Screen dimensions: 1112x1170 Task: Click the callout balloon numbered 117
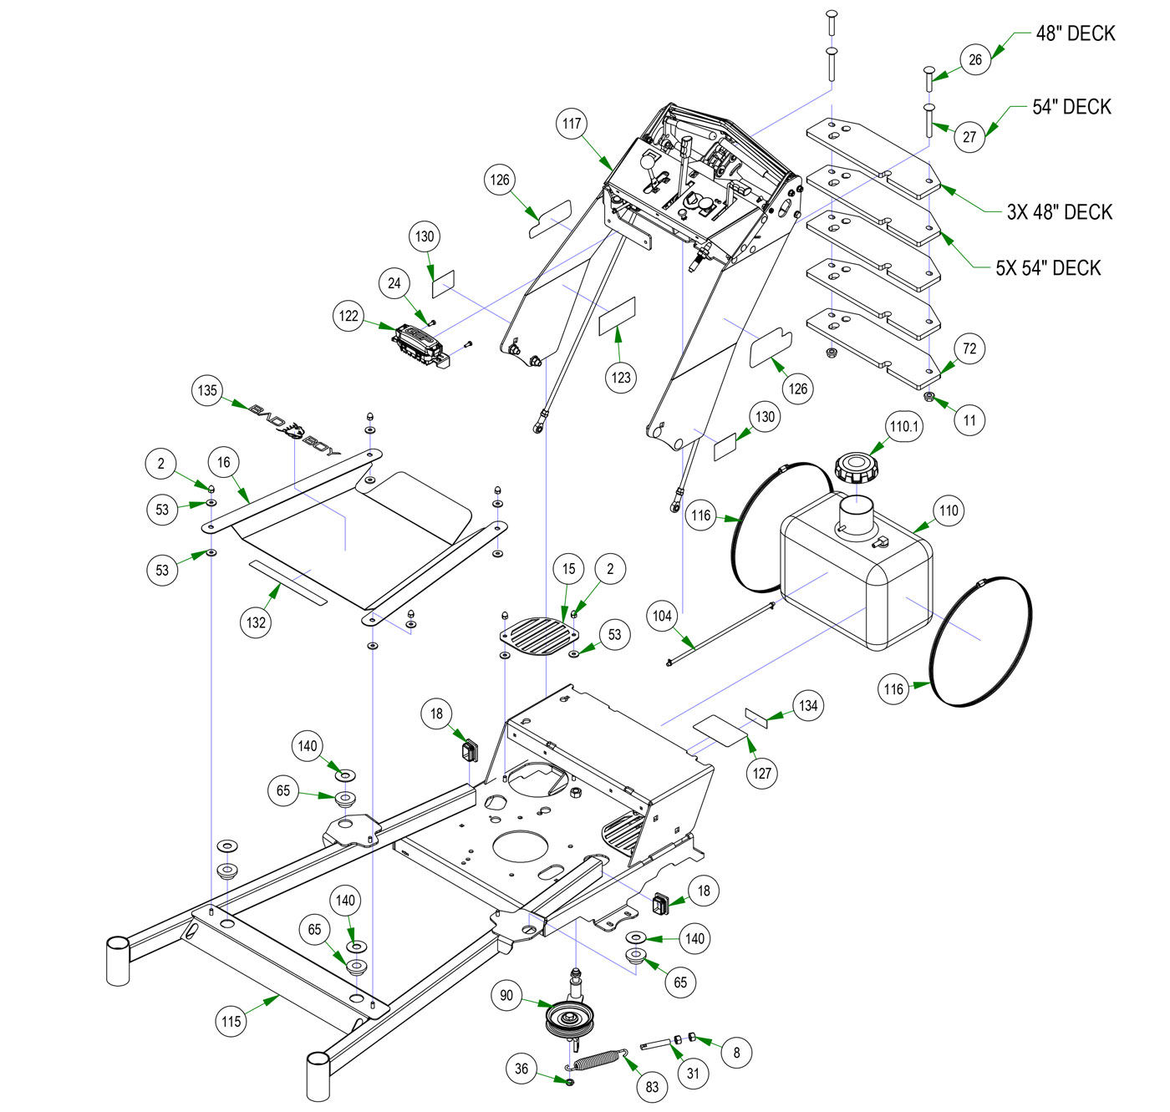click(x=572, y=124)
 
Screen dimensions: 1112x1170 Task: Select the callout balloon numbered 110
click(x=949, y=510)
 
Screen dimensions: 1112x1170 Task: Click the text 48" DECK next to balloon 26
click(x=1076, y=33)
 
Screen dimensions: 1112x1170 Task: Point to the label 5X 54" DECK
click(x=1048, y=268)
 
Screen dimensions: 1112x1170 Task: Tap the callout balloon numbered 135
click(x=207, y=390)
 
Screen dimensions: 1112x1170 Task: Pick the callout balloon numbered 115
click(x=231, y=1021)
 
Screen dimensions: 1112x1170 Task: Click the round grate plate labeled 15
click(x=540, y=636)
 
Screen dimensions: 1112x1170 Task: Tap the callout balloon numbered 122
click(x=348, y=316)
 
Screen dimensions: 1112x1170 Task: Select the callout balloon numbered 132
click(x=256, y=622)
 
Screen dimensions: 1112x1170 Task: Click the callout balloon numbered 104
click(x=662, y=617)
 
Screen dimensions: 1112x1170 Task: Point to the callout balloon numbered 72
click(x=969, y=348)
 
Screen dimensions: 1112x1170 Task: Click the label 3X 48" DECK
click(x=1059, y=212)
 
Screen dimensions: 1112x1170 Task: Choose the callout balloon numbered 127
click(x=762, y=773)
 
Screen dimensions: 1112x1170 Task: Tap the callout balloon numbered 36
click(x=521, y=1069)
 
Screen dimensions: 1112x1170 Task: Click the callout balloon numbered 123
click(x=621, y=378)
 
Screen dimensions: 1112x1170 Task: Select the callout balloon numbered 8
click(x=736, y=1052)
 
